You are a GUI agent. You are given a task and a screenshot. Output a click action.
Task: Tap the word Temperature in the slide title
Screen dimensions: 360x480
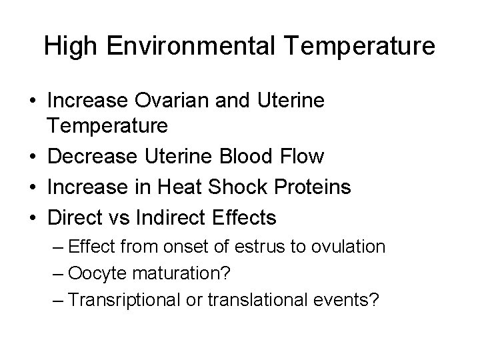pyautogui.click(x=360, y=46)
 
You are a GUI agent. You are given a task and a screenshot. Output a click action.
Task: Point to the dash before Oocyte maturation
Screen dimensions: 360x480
pyautogui.click(x=58, y=273)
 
